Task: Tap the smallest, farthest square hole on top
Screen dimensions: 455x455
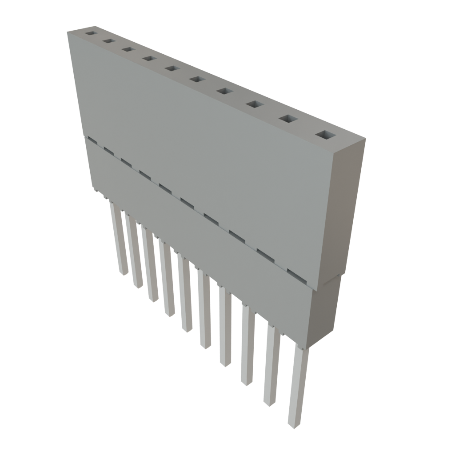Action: pos(91,33)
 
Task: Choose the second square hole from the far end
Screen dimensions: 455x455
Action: pos(108,41)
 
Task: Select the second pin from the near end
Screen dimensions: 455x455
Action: pos(271,369)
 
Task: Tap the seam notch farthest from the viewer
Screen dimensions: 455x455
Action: pos(92,140)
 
